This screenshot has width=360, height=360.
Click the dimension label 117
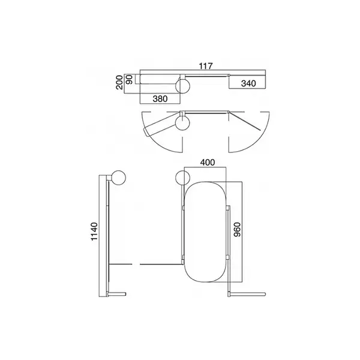tap(206, 66)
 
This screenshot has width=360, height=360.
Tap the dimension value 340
tap(248, 83)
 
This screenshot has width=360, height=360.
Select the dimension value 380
tap(160, 99)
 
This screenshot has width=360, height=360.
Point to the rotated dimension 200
tap(119, 82)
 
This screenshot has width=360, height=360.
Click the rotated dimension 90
tap(130, 79)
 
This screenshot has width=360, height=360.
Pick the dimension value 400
tap(208, 163)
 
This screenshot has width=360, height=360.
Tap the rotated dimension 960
tap(237, 229)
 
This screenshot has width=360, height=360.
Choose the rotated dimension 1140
tap(94, 231)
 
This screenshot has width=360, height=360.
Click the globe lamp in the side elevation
tap(118, 178)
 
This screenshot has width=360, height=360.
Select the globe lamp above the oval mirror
tap(182, 178)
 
